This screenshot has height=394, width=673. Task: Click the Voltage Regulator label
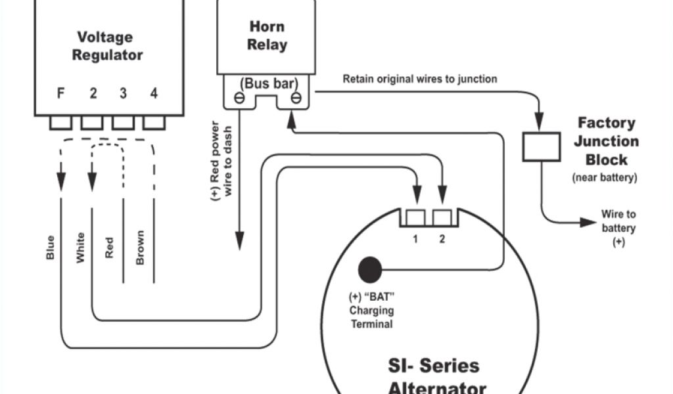pos(106,46)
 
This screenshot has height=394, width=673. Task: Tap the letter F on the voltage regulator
pos(60,93)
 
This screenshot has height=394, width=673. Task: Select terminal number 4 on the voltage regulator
pos(154,93)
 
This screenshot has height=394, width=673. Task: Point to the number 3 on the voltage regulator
pos(123,93)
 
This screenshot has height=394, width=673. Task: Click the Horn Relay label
pos(267,36)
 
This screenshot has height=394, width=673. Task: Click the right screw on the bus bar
pos(296,100)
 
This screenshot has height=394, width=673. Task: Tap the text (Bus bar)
pos(267,83)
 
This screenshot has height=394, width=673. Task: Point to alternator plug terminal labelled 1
pos(415,217)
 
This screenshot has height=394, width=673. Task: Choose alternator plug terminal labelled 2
pos(442,217)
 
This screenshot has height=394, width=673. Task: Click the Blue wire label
pos(51,247)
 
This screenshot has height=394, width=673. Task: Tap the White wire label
pos(80,248)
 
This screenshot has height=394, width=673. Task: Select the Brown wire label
pos(139,248)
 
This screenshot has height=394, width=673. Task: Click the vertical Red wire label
pos(109,248)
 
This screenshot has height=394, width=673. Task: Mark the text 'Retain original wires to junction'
pos(419,79)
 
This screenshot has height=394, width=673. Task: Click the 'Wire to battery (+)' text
pos(618,228)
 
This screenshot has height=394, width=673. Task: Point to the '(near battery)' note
pos(605,177)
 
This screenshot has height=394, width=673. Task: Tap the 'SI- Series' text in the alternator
pos(432,365)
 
